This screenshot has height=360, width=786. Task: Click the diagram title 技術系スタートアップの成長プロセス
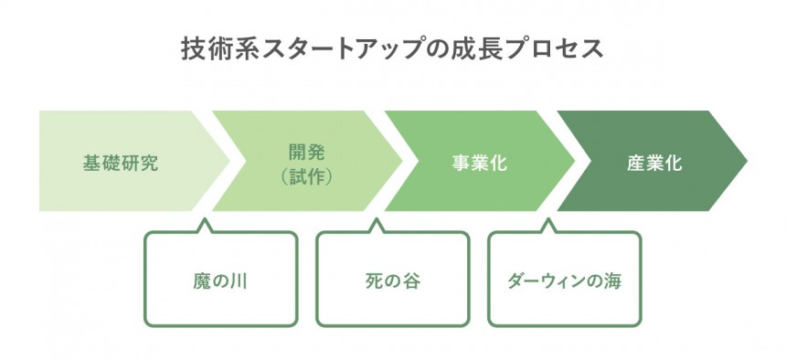coord(392,49)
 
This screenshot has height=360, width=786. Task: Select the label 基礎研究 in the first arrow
coord(121,164)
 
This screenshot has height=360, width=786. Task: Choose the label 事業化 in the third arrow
coord(479,164)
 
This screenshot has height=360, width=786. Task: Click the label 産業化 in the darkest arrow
coord(654,164)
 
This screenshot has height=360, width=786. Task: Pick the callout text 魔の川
coord(220,281)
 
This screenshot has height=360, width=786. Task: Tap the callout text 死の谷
coord(392,281)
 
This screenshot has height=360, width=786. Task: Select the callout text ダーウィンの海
coord(565,281)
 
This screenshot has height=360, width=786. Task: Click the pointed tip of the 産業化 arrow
coord(747,161)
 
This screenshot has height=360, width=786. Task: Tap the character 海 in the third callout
coord(612,281)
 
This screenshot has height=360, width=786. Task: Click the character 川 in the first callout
coord(239,281)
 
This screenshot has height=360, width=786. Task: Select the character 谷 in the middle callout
coord(411,281)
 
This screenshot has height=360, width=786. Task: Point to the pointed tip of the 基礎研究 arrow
coord(229,161)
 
